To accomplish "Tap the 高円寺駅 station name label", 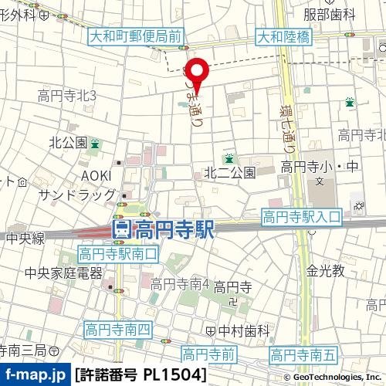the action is coord(171,229).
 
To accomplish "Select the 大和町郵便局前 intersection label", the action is coord(135,36).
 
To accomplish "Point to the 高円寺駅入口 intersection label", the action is coord(300,217).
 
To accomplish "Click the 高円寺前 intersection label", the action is coord(208,354).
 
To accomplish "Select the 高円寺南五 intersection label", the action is coord(304,355).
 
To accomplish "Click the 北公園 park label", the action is coord(68,143).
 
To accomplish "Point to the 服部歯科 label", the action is coord(329,14).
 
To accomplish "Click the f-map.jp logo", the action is coord(34,375).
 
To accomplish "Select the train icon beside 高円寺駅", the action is coord(121,229).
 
